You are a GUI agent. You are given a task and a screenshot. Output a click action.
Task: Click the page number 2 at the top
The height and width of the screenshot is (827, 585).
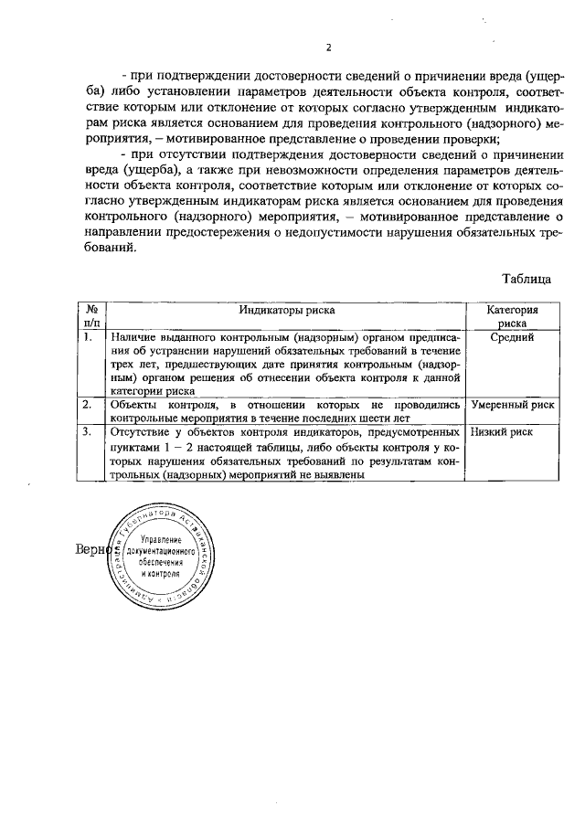coord(329,48)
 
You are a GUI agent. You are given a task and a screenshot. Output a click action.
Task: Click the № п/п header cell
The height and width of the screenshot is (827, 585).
coord(90,316)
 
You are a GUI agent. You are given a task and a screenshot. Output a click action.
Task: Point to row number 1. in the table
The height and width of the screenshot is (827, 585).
coord(87,338)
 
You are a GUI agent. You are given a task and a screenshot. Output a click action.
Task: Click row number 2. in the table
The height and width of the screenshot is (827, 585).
coord(87,404)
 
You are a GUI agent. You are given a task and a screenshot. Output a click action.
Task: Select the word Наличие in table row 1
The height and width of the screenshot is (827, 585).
coord(134,338)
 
